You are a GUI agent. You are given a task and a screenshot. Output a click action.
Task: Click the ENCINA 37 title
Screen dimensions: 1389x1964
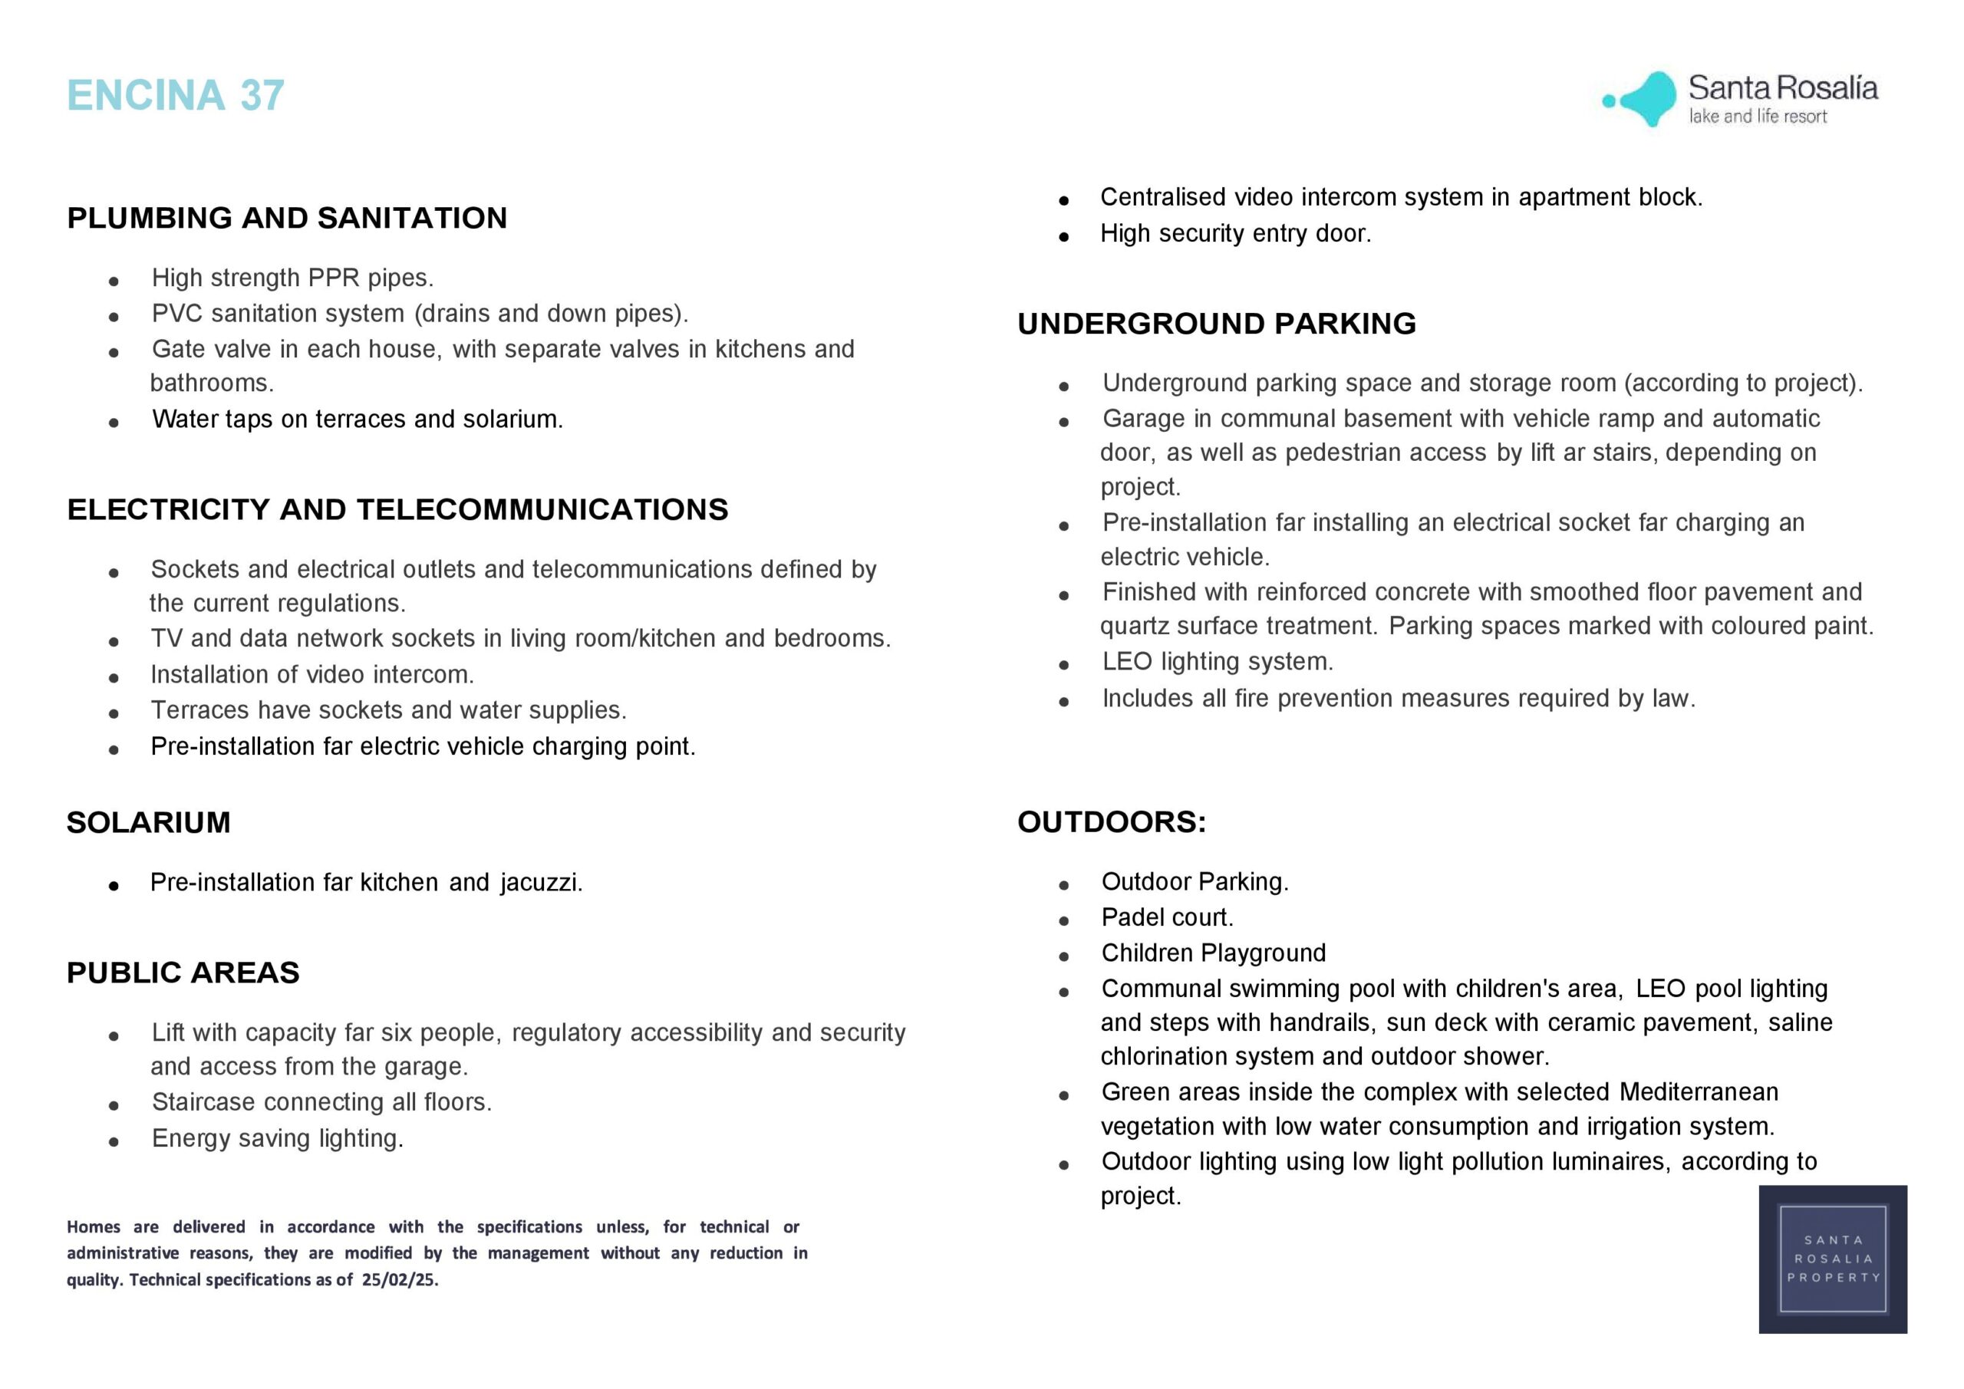point(176,95)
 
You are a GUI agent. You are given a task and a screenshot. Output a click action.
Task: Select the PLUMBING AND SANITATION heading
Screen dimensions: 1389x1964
point(287,218)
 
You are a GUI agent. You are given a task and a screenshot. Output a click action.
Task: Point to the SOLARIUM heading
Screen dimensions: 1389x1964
point(149,823)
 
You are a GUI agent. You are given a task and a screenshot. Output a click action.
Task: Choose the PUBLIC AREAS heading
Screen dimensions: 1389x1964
point(183,973)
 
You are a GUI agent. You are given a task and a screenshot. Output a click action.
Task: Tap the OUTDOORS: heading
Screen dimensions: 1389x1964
point(1111,822)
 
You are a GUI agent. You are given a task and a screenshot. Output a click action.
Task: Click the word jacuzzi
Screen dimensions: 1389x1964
point(541,883)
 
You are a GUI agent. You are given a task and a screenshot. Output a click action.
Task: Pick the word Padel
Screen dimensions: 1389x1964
point(1133,918)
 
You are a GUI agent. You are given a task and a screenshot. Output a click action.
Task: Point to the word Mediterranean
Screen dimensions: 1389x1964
point(1698,1092)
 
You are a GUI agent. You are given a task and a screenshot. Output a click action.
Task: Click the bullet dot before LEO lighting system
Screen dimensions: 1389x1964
point(1064,664)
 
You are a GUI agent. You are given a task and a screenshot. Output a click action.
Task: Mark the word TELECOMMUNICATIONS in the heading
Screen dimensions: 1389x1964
point(542,510)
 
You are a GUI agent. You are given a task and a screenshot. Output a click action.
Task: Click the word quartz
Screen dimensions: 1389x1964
point(1133,627)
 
